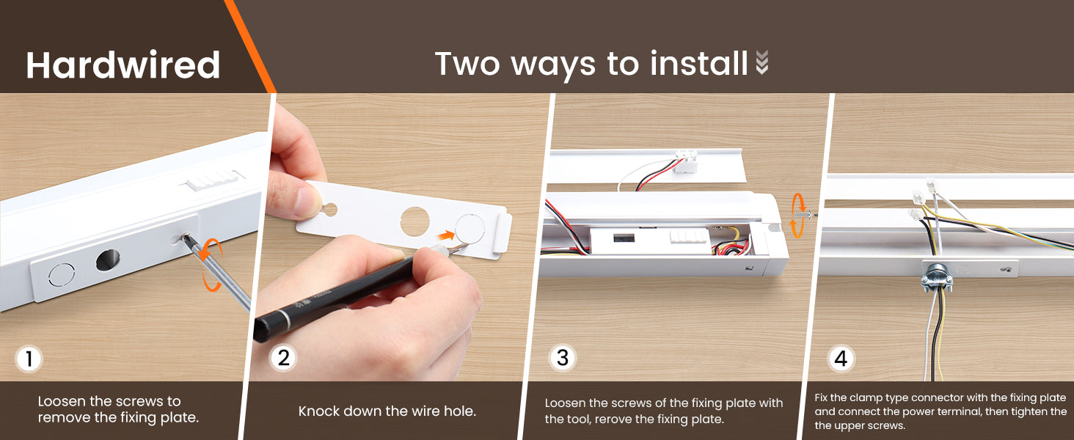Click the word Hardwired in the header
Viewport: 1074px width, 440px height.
pyautogui.click(x=123, y=65)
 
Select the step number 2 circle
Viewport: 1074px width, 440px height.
pyautogui.click(x=283, y=358)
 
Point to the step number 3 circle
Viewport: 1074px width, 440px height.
pyautogui.click(x=563, y=358)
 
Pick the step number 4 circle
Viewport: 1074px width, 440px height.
pyautogui.click(x=841, y=358)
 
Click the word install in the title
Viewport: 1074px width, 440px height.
pyautogui.click(x=698, y=63)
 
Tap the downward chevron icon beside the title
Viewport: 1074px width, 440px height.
pyautogui.click(x=762, y=62)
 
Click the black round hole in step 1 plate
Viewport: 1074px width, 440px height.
pyautogui.click(x=108, y=260)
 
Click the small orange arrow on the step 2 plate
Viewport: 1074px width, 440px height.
pyautogui.click(x=446, y=235)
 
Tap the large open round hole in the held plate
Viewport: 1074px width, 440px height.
pyautogui.click(x=414, y=221)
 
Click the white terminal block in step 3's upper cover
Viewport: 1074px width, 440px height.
pyautogui.click(x=686, y=161)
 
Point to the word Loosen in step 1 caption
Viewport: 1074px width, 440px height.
pyautogui.click(x=62, y=401)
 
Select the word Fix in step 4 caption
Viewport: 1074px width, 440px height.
pyautogui.click(x=822, y=397)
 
